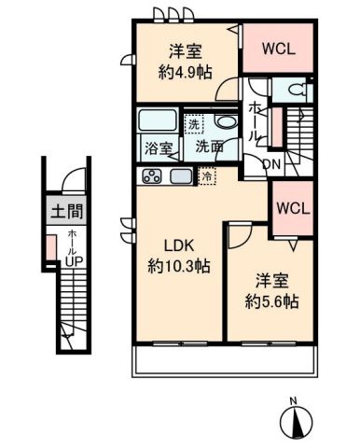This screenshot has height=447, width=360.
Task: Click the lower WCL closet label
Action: [293, 206]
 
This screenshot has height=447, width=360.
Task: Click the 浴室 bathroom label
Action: [157, 146]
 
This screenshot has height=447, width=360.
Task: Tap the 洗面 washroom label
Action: [208, 146]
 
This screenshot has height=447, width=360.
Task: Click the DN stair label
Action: [271, 163]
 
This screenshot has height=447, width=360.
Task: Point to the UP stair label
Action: [72, 261]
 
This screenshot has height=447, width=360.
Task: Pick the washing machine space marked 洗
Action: [193, 122]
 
